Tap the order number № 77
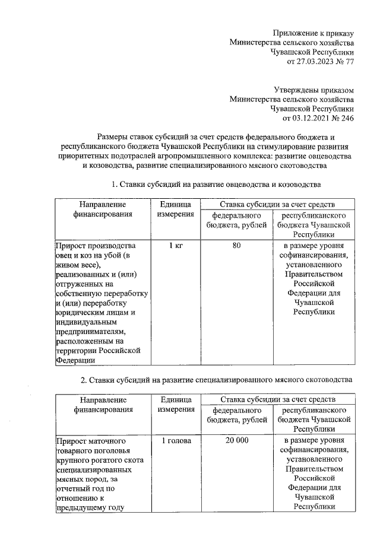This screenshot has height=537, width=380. (x=346, y=61)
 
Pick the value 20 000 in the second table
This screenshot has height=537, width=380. (x=237, y=441)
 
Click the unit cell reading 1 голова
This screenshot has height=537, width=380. (x=175, y=441)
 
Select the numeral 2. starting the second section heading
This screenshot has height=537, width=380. (x=84, y=379)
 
